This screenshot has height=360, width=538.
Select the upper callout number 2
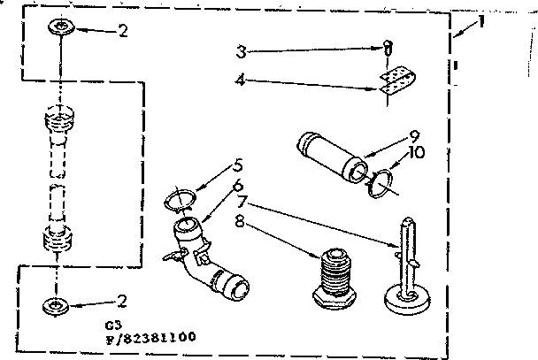click(124, 29)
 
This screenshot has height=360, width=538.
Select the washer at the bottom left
click(58, 308)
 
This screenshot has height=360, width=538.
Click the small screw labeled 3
click(387, 49)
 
